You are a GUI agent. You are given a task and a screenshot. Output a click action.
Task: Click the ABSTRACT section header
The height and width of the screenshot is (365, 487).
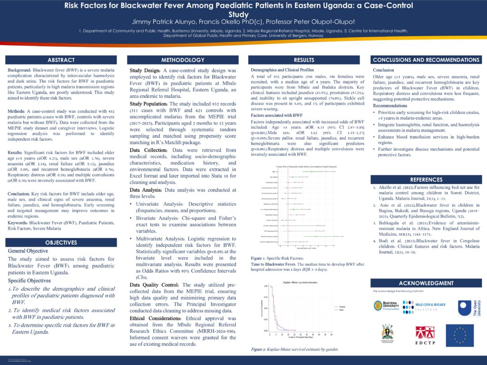61,60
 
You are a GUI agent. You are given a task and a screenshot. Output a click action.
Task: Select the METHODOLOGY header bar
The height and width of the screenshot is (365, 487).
183,60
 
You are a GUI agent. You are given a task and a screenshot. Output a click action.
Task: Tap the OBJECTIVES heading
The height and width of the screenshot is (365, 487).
61,242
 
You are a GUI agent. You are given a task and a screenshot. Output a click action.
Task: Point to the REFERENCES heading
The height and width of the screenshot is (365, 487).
426,180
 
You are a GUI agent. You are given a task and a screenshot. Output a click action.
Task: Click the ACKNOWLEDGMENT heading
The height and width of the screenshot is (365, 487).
426,283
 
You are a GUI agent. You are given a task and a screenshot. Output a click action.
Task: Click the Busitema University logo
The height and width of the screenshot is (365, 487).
385,306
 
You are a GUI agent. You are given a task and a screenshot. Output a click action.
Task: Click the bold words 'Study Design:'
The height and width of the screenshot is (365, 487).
146,70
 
